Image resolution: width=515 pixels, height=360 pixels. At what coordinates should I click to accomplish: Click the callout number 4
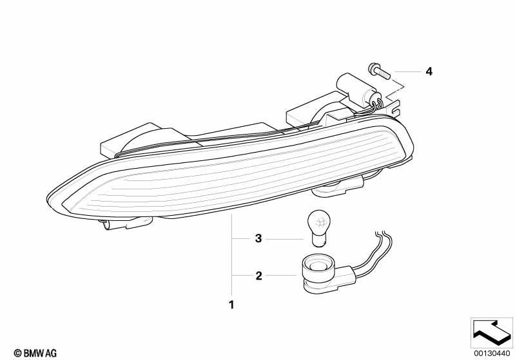click(x=429, y=71)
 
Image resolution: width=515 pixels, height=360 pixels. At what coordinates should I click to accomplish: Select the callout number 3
click(x=258, y=238)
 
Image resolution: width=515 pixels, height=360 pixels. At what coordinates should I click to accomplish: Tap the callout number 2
click(x=259, y=276)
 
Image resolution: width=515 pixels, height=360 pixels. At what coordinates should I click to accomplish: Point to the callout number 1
click(x=231, y=305)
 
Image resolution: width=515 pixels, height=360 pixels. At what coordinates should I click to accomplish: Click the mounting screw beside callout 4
click(x=379, y=71)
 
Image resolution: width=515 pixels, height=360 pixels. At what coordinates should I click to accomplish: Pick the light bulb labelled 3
click(x=317, y=228)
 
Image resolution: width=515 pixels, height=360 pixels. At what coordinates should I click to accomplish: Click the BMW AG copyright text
click(x=35, y=353)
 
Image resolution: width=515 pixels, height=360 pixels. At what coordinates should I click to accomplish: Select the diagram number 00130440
click(x=492, y=353)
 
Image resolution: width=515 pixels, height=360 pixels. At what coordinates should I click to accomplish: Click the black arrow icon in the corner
click(x=492, y=332)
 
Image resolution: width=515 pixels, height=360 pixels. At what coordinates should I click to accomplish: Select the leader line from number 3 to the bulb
click(x=284, y=239)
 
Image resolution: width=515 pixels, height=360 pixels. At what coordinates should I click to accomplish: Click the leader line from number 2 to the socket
click(x=281, y=276)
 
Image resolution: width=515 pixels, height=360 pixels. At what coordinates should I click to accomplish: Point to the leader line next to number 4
click(x=407, y=71)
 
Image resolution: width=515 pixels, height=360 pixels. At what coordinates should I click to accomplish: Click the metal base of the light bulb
click(x=317, y=240)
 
